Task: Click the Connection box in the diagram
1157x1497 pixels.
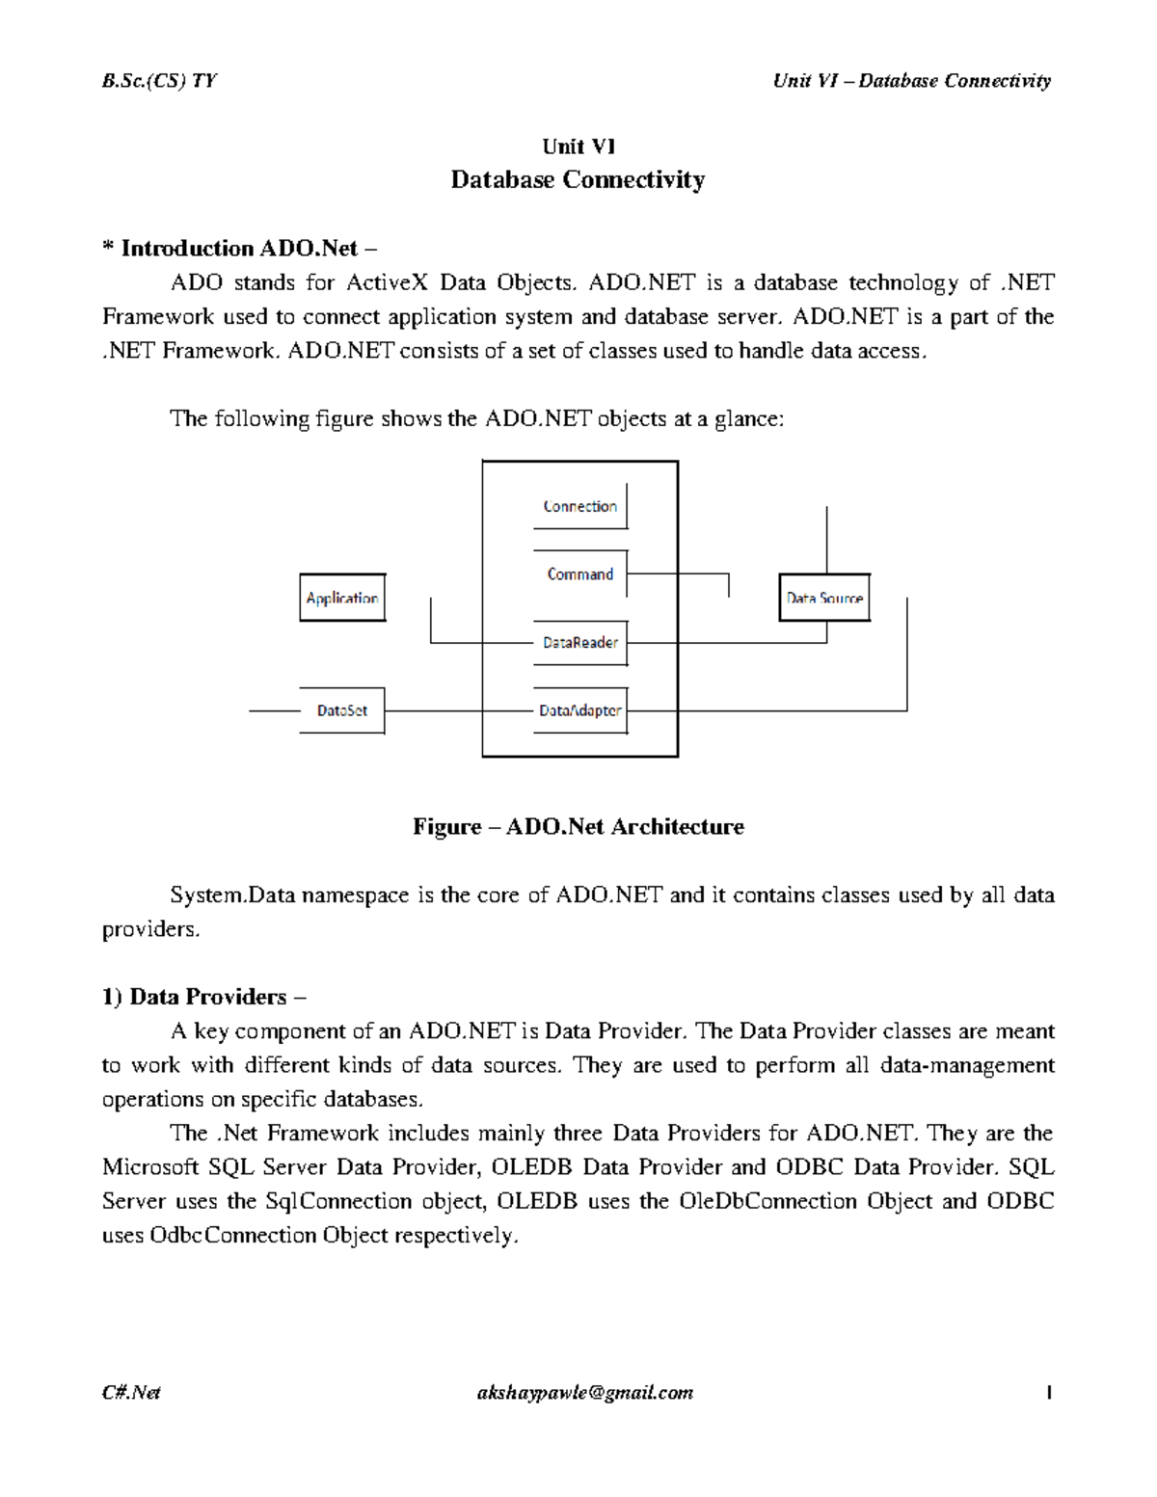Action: (580, 507)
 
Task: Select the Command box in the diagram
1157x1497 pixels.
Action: (580, 575)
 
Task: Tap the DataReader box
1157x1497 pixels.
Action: (580, 643)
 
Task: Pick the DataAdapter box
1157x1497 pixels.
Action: (580, 711)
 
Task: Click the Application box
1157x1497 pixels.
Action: (342, 598)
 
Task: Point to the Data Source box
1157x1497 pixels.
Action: (824, 598)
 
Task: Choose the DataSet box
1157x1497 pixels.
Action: (342, 711)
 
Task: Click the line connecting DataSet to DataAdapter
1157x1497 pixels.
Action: (434, 711)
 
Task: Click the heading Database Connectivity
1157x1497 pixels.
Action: (578, 180)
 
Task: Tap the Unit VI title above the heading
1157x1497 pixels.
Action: (578, 147)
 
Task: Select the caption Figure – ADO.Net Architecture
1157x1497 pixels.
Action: (578, 827)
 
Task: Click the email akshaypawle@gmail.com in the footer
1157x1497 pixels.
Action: (584, 1393)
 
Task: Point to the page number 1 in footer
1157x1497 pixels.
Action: (1048, 1393)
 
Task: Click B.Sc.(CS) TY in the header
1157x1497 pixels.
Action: (159, 81)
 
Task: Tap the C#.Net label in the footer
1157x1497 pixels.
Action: (131, 1393)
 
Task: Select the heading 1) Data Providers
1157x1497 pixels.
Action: (203, 997)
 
